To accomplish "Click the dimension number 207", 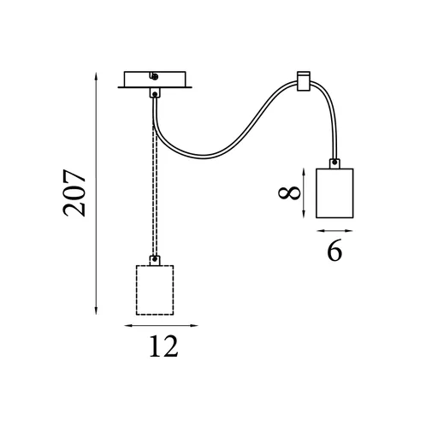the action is click(74, 193).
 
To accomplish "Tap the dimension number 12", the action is click(163, 346).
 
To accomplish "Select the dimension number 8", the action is click(289, 193).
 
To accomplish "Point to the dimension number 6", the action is click(334, 250).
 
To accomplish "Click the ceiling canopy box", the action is click(155, 79).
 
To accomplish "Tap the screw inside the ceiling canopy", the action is click(155, 76).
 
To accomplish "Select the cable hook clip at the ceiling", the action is click(304, 81).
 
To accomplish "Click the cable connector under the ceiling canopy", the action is click(155, 93).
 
